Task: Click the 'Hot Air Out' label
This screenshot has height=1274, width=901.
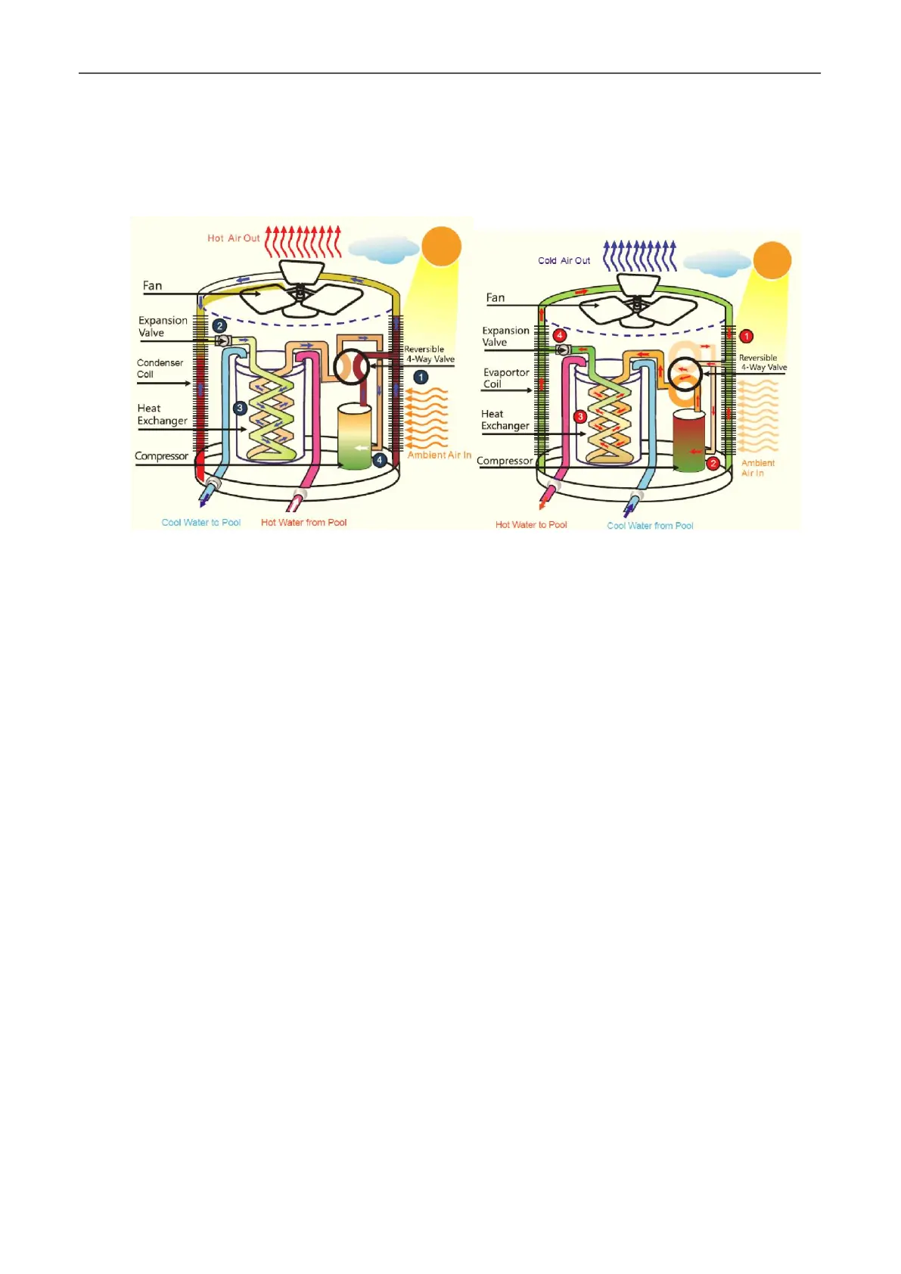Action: (x=233, y=238)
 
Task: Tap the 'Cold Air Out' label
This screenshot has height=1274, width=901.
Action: (x=564, y=261)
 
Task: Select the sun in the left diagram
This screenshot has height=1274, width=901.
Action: (x=441, y=246)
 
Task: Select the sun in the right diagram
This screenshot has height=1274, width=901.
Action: (x=772, y=261)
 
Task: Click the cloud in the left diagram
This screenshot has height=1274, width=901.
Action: (x=384, y=249)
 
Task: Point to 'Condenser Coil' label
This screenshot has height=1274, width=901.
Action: (x=160, y=368)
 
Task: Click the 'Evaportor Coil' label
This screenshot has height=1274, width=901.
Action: (x=506, y=378)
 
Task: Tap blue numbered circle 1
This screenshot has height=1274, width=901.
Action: (x=421, y=377)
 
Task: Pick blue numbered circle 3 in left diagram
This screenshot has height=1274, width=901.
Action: (x=240, y=409)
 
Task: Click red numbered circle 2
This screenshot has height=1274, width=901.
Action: (x=712, y=463)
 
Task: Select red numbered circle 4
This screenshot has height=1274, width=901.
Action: (x=560, y=335)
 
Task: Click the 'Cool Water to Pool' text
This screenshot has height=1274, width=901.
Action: (x=201, y=523)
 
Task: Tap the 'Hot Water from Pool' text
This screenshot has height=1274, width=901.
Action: (x=303, y=523)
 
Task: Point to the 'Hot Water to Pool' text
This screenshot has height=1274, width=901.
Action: (x=531, y=525)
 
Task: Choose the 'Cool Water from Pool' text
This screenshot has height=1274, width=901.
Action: (x=650, y=526)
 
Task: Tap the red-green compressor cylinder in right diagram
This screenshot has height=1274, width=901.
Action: (x=688, y=442)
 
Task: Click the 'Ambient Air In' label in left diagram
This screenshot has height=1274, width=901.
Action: (x=439, y=455)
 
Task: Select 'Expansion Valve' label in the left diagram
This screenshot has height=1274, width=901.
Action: (x=163, y=327)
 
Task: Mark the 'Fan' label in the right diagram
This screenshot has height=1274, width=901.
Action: (x=496, y=298)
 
